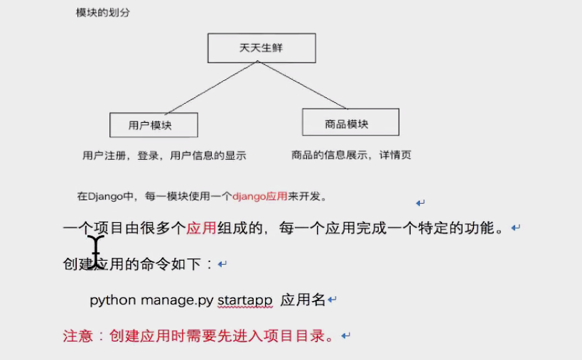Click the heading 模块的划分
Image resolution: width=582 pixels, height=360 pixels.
[103, 13]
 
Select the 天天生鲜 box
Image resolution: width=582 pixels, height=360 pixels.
[262, 48]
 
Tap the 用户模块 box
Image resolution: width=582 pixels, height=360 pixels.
[153, 125]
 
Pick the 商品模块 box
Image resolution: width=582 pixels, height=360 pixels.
[350, 123]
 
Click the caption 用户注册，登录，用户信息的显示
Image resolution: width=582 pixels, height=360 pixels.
[164, 155]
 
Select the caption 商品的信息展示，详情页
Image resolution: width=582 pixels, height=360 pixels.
[351, 154]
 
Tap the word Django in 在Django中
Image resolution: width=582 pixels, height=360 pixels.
[104, 196]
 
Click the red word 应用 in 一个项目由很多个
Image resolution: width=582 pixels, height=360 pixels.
[201, 229]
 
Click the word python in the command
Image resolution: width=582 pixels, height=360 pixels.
[113, 300]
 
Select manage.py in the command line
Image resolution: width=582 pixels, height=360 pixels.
[176, 300]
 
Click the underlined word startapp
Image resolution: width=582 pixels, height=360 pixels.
[244, 300]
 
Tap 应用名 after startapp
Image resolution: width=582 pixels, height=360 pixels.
[303, 300]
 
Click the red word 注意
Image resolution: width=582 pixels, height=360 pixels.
[78, 336]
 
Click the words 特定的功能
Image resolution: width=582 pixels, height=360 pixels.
[463, 229]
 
